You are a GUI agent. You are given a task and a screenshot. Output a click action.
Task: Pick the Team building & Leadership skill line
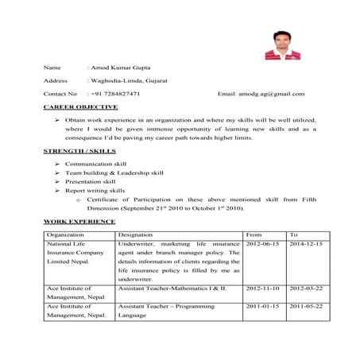click(x=114, y=172)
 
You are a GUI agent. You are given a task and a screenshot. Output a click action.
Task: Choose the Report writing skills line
click(x=95, y=192)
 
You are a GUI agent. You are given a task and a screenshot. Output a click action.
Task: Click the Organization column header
click(x=65, y=235)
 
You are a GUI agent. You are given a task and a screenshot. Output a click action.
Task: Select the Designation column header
click(x=136, y=235)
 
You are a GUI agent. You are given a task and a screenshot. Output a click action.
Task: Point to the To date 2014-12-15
click(x=306, y=243)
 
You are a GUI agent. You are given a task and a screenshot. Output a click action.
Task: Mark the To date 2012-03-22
click(x=306, y=288)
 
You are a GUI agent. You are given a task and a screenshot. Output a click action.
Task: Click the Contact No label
click(x=60, y=94)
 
